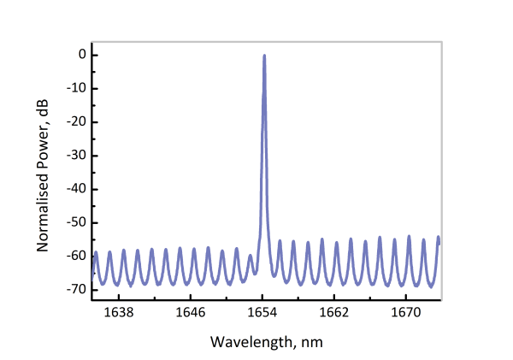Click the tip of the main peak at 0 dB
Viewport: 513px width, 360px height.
pos(264,56)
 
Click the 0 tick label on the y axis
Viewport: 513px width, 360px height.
pos(81,55)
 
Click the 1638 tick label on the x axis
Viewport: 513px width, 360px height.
pos(118,314)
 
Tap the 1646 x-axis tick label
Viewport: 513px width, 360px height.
pos(190,314)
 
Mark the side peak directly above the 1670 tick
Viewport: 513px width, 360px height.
pos(410,235)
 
